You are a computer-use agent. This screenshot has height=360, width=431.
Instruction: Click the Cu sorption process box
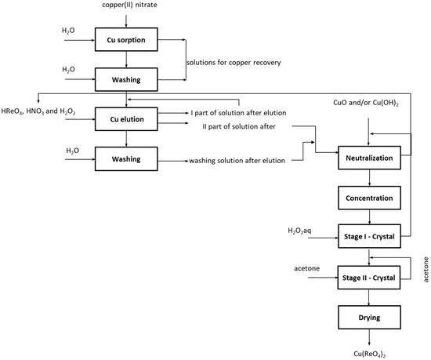point(126,39)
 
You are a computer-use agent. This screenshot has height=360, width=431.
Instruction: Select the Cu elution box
point(126,119)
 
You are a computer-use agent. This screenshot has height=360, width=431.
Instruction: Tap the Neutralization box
point(369,158)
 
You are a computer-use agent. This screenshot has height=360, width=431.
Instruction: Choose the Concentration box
point(369,198)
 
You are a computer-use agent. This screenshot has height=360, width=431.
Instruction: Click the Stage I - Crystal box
point(369,236)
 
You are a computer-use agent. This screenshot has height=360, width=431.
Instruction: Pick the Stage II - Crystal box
point(369,278)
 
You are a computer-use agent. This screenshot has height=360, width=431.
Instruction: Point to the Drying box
point(369,318)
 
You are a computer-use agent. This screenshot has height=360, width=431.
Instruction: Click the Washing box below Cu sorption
point(126,79)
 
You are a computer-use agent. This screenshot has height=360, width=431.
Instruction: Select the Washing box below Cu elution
point(126,158)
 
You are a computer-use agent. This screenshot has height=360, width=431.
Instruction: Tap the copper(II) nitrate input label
point(129,5)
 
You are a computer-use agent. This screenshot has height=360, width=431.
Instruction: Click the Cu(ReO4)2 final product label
point(369,354)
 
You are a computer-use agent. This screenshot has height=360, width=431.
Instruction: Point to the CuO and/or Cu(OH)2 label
point(366,103)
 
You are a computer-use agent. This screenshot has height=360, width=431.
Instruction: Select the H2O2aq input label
point(299,231)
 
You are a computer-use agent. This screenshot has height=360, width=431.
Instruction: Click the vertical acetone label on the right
point(426,270)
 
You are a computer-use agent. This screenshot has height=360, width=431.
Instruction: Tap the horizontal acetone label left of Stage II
point(306,268)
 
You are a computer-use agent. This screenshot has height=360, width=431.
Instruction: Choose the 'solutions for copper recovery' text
point(234,63)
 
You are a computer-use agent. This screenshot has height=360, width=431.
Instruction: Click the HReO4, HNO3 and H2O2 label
point(38,111)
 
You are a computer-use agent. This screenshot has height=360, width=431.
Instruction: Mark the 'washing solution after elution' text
point(237,161)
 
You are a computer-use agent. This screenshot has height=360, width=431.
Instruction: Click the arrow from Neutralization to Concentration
point(369,178)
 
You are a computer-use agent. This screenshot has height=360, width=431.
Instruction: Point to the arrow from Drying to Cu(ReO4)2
point(369,337)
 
